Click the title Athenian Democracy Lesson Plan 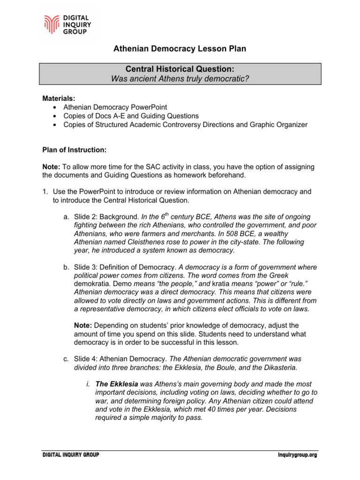[180, 49]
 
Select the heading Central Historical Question [180, 69]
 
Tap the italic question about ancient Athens [180, 78]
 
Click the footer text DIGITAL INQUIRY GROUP [71, 455]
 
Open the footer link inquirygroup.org [294, 455]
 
